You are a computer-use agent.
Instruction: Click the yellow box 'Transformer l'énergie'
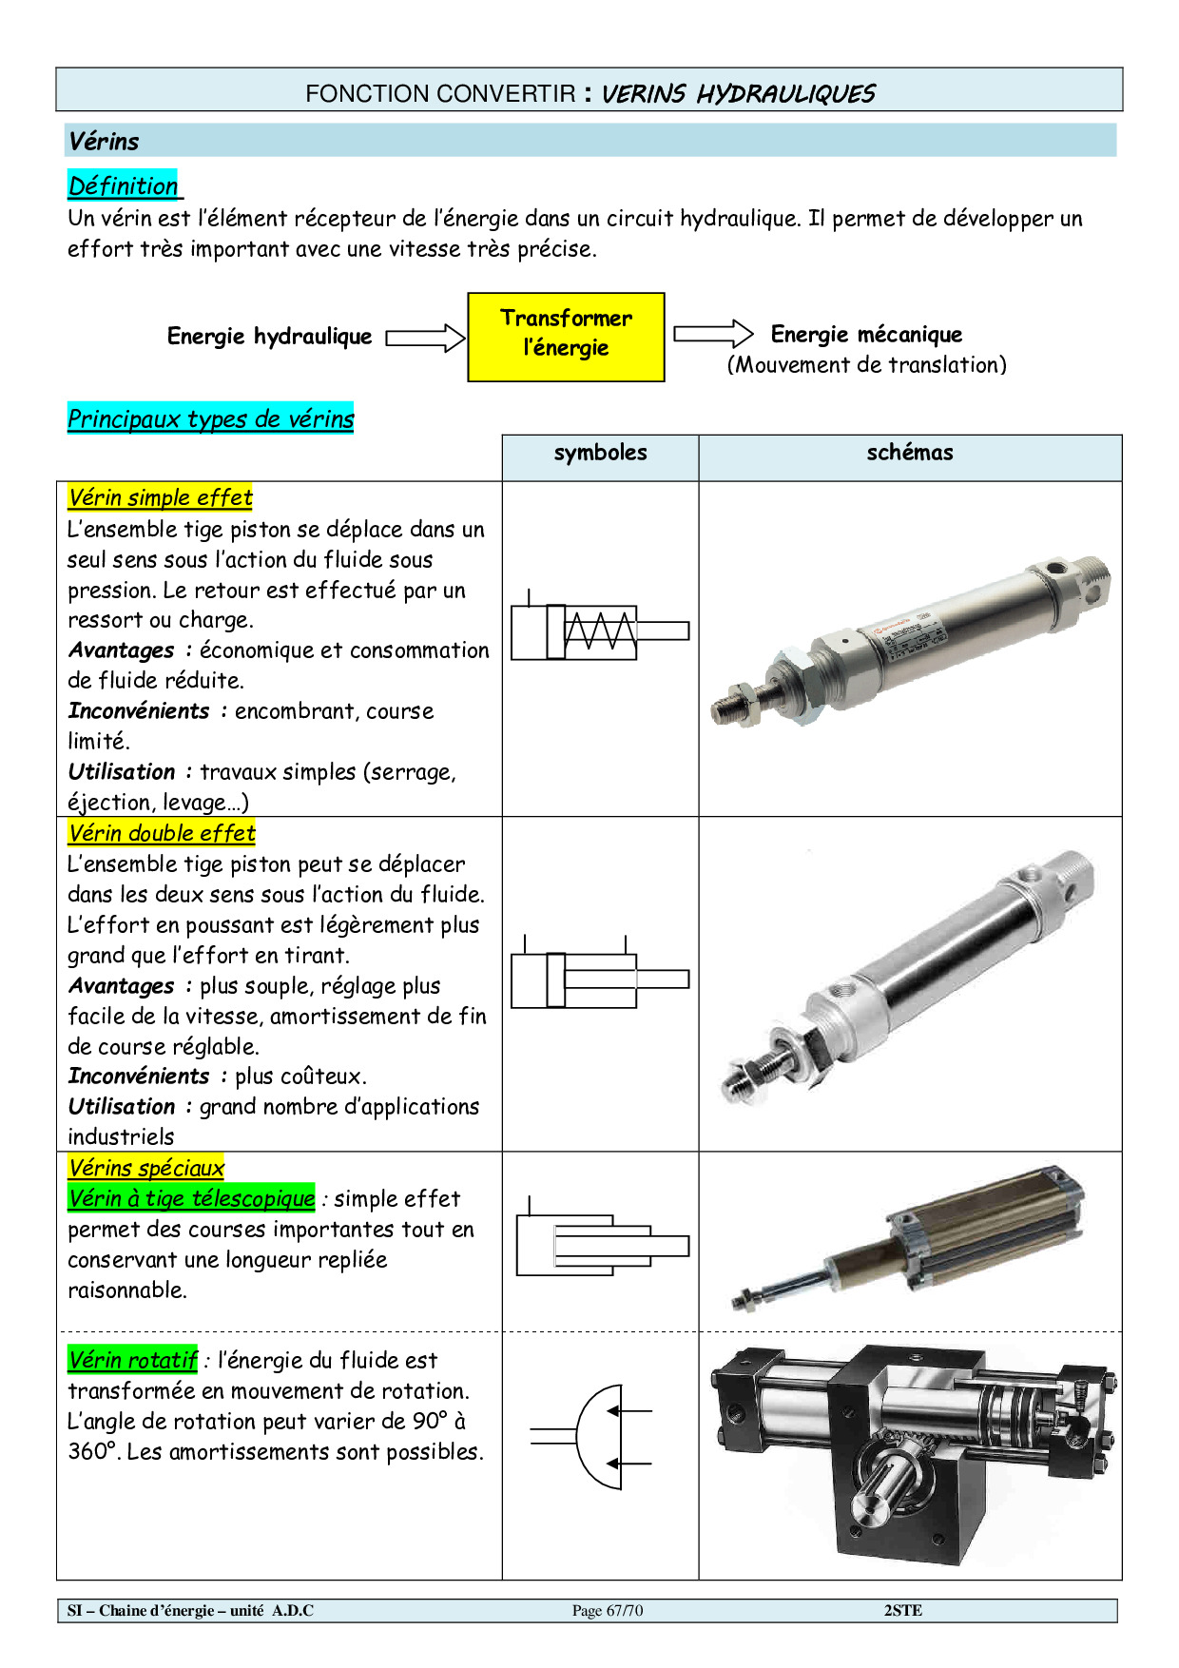tap(566, 337)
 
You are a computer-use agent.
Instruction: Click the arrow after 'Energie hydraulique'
tap(425, 338)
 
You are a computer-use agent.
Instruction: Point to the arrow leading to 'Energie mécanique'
tap(713, 334)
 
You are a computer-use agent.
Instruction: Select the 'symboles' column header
tap(600, 454)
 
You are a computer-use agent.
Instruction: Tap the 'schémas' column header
tap(909, 454)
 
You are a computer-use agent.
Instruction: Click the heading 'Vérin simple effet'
tap(160, 497)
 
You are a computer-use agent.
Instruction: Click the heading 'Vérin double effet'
tap(162, 833)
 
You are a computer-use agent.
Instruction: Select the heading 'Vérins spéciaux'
tap(145, 1168)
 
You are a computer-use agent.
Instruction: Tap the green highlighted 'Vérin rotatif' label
tap(132, 1360)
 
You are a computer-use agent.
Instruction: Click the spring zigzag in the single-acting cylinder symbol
tap(600, 630)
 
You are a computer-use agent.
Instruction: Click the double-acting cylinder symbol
tap(599, 979)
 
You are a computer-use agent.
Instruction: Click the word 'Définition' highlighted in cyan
tap(124, 185)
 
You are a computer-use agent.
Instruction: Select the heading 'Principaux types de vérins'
tap(210, 418)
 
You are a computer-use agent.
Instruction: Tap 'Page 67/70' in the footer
tap(608, 1610)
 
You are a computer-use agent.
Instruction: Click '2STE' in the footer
tap(902, 1610)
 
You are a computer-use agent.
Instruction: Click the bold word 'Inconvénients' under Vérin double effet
tap(139, 1076)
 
